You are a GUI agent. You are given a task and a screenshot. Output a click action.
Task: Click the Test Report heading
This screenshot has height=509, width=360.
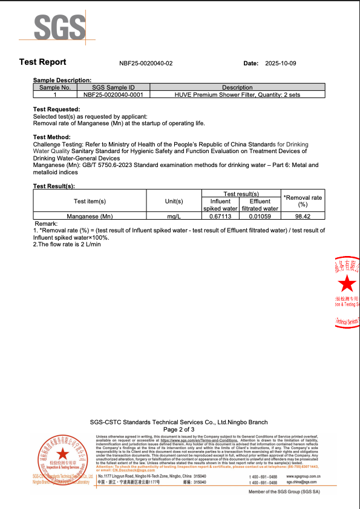click(x=43, y=62)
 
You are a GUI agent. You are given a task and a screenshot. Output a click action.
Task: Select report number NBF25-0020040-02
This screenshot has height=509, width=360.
click(x=146, y=63)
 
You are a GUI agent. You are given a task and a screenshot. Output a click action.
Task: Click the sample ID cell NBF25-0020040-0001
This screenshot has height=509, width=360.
click(x=113, y=94)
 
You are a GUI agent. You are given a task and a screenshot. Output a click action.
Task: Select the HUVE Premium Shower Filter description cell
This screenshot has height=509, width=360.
click(x=237, y=94)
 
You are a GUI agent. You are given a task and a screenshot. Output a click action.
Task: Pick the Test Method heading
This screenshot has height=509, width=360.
click(x=51, y=137)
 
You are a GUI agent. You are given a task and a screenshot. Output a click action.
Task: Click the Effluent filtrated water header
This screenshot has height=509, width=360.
click(x=260, y=205)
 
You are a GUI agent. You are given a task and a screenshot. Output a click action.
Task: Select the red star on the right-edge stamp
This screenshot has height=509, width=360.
click(x=347, y=283)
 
